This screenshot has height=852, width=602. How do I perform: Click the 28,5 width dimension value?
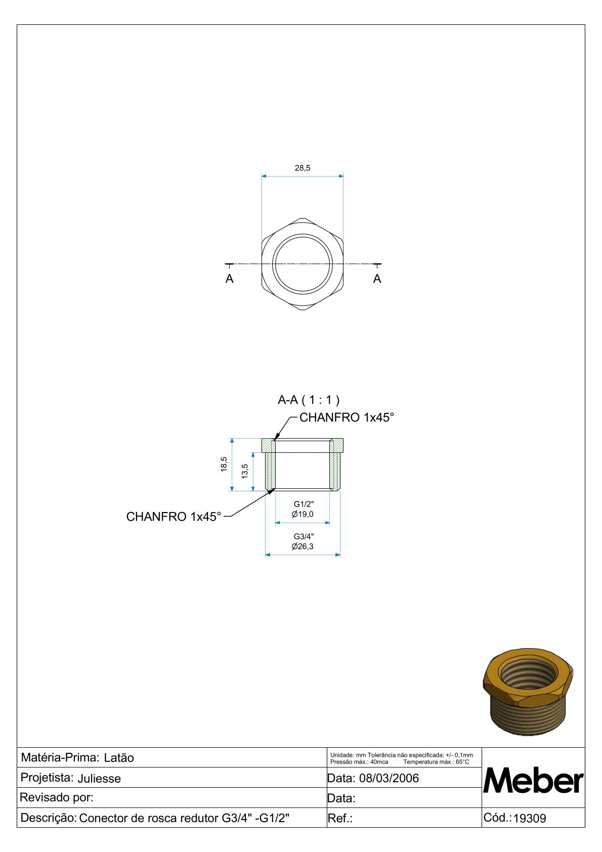[x=303, y=168]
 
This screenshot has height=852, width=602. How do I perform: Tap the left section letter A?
[x=229, y=279]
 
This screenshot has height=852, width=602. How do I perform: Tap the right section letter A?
[x=377, y=279]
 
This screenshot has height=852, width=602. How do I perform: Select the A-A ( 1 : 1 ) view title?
[x=309, y=400]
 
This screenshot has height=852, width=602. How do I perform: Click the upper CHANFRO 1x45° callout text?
[x=347, y=417]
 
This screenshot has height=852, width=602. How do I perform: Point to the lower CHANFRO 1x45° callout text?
[x=174, y=517]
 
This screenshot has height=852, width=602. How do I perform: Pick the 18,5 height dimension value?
[x=224, y=464]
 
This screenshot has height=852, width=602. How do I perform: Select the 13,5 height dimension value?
[x=245, y=471]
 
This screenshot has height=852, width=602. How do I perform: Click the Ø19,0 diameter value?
[x=303, y=514]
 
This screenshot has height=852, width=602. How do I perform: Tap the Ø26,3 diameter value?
[x=303, y=546]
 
